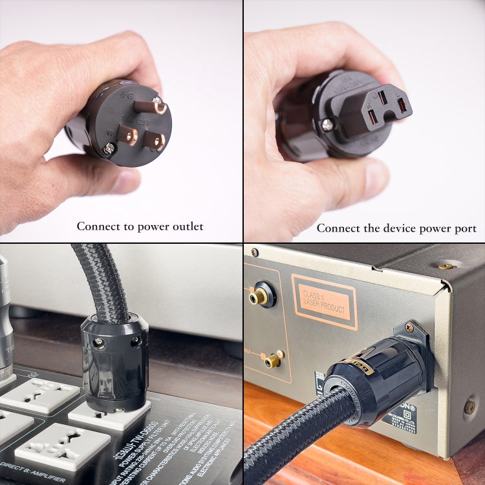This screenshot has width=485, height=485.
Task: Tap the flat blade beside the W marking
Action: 126,135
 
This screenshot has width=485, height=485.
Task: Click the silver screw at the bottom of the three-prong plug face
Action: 109,149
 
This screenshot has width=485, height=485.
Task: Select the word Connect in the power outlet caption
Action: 97,226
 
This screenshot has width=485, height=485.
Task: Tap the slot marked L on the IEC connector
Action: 400,103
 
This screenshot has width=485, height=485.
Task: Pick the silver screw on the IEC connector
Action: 328,124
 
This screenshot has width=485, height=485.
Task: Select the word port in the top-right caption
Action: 466,228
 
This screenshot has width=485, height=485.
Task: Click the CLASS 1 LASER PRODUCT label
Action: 324,302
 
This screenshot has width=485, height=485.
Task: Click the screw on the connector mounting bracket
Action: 409,329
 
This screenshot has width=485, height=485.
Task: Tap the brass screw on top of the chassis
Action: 446,266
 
